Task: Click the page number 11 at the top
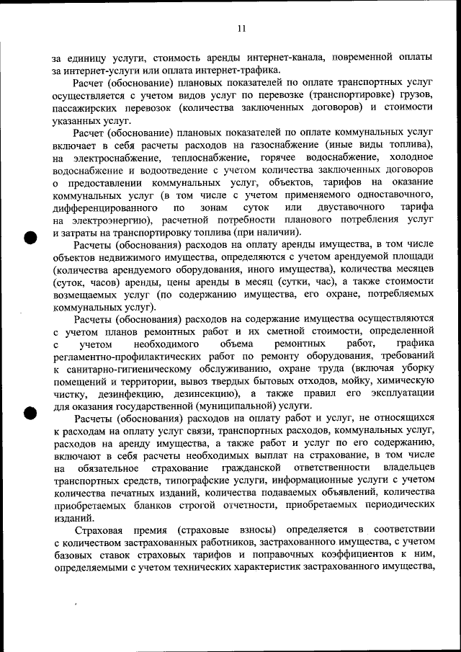242,28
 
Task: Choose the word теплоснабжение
215,158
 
